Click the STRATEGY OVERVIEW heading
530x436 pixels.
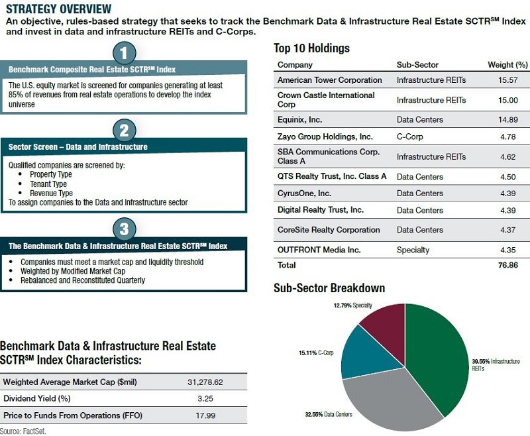coord(58,9)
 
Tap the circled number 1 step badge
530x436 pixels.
coord(124,52)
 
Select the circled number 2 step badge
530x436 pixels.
coord(124,129)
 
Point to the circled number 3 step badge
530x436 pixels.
coord(124,229)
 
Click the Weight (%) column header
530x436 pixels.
coord(507,65)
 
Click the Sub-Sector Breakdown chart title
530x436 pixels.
coord(329,289)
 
